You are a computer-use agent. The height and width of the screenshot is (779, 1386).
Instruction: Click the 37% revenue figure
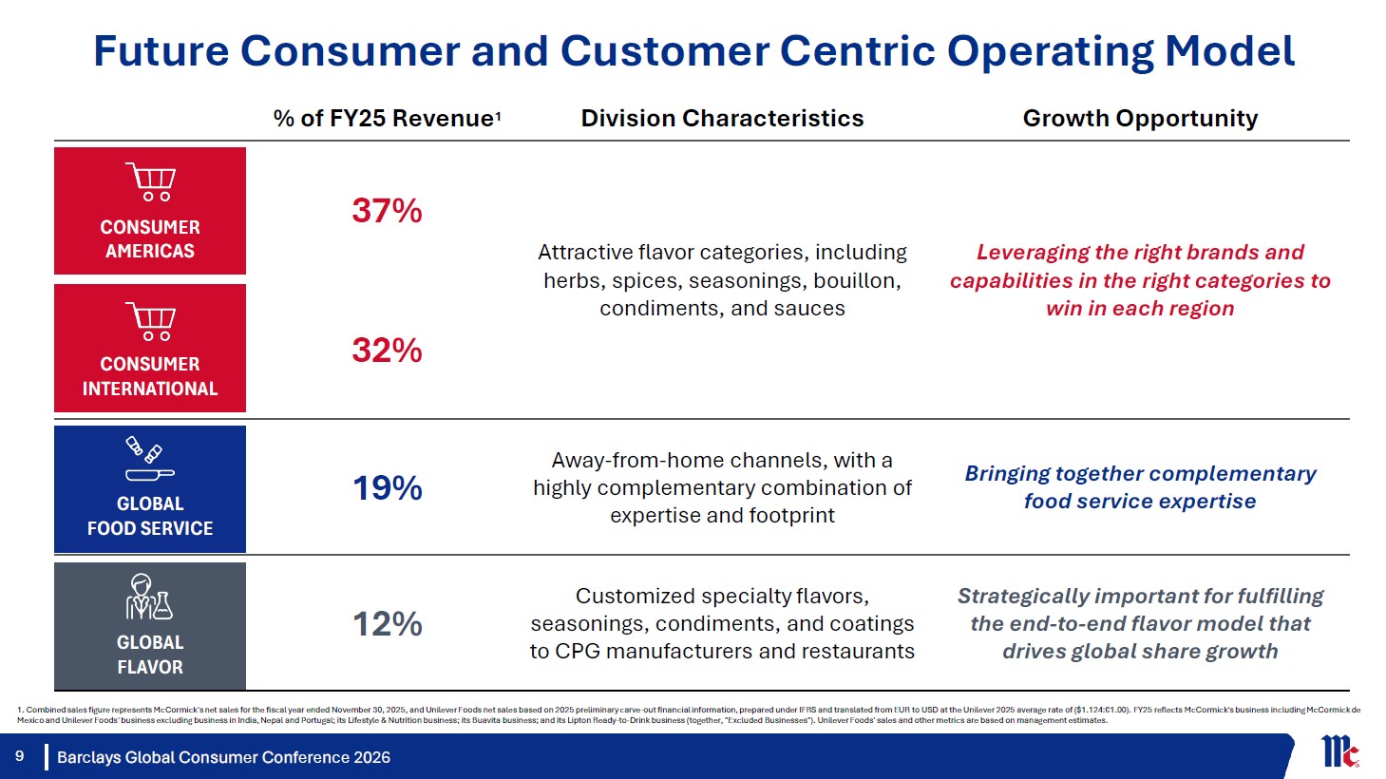[387, 211]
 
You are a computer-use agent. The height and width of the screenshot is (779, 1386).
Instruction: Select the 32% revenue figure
[387, 351]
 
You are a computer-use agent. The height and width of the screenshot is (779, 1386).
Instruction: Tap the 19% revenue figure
[388, 488]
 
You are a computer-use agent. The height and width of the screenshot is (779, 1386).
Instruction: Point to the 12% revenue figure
[388, 624]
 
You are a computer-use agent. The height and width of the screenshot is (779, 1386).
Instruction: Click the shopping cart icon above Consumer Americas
[150, 181]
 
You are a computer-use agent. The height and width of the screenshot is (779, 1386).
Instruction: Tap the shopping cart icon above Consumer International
[150, 321]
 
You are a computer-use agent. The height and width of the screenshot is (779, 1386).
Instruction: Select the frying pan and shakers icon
[150, 459]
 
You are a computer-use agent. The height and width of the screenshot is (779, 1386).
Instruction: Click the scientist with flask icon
[149, 597]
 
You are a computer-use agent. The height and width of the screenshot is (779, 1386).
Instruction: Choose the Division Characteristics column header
[722, 118]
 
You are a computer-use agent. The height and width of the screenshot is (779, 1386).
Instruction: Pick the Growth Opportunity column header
[1140, 118]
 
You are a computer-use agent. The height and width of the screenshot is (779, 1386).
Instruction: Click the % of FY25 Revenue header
[387, 118]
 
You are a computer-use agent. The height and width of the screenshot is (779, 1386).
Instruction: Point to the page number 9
[20, 756]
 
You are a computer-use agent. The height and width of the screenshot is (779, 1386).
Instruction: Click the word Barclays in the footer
[88, 757]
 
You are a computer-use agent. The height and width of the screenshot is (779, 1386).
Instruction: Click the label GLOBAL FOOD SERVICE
[150, 516]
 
